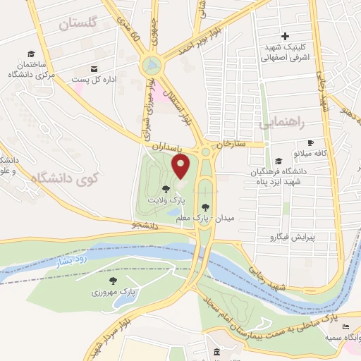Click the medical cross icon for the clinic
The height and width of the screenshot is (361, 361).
(x=285, y=36)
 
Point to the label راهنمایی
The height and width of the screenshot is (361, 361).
(x=282, y=123)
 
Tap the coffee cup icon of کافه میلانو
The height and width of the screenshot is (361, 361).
(x=310, y=142)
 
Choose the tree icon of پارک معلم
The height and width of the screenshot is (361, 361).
(x=205, y=207)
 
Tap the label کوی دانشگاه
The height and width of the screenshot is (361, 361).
(x=63, y=179)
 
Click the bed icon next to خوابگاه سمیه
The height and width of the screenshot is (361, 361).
(x=345, y=326)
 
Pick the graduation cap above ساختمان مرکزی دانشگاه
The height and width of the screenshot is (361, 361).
(x=31, y=54)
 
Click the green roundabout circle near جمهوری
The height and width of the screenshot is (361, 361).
(x=149, y=66)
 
